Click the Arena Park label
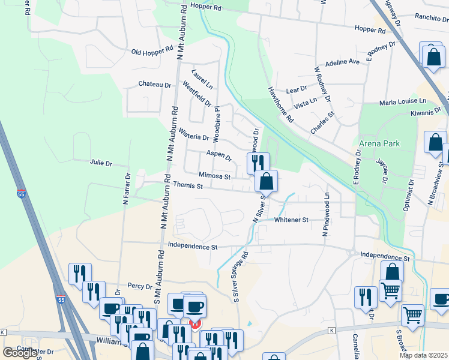coord(379,144)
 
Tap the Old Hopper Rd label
coord(153,52)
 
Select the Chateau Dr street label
coord(155,85)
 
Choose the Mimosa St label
coord(214,176)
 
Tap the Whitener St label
coord(291,220)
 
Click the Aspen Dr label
coord(219,156)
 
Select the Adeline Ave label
coord(342,62)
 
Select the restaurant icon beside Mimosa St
coord(258,163)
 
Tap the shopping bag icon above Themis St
coord(266,181)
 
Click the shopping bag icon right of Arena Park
coord(435,143)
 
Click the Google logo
coord(20,353)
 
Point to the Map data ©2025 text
coord(423,355)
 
